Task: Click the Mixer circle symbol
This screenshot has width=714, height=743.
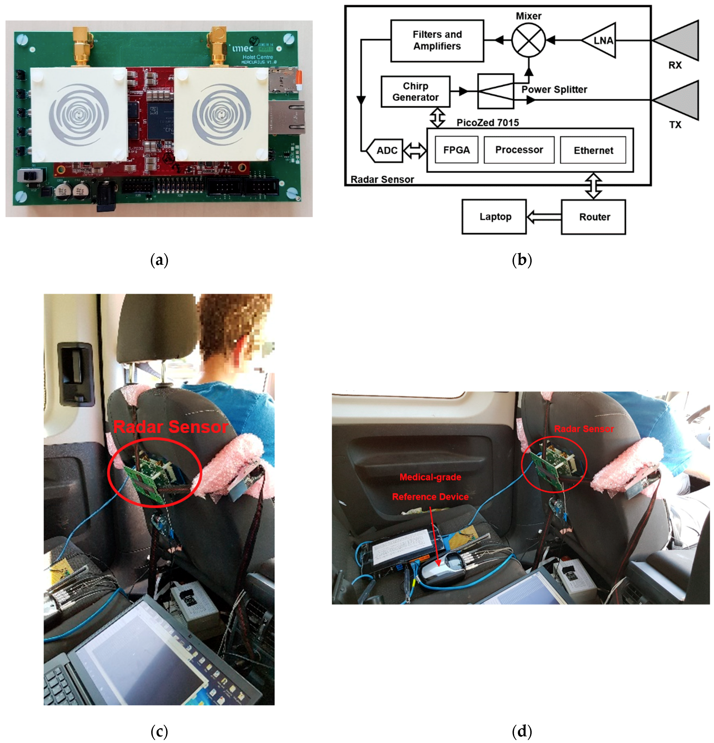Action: (x=528, y=40)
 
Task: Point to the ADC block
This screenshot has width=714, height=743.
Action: (x=385, y=151)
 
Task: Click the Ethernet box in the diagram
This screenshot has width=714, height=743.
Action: (x=593, y=151)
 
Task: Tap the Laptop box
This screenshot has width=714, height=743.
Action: (x=494, y=217)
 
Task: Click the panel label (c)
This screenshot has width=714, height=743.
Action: (x=159, y=730)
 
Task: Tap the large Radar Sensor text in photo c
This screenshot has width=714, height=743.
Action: (x=170, y=427)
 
